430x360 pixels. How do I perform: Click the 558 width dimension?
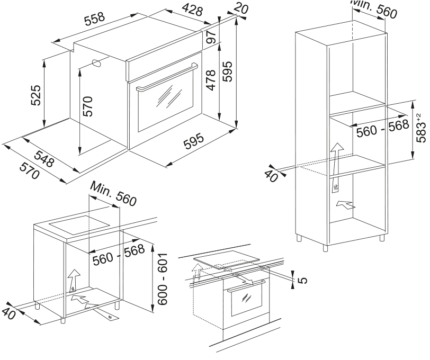tap(95, 21)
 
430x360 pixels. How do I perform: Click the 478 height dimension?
tap(210, 80)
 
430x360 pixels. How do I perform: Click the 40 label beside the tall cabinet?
tap(271, 176)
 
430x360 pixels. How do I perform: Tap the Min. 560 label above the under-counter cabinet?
tap(113, 194)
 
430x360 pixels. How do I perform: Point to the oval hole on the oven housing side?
tap(98, 63)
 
